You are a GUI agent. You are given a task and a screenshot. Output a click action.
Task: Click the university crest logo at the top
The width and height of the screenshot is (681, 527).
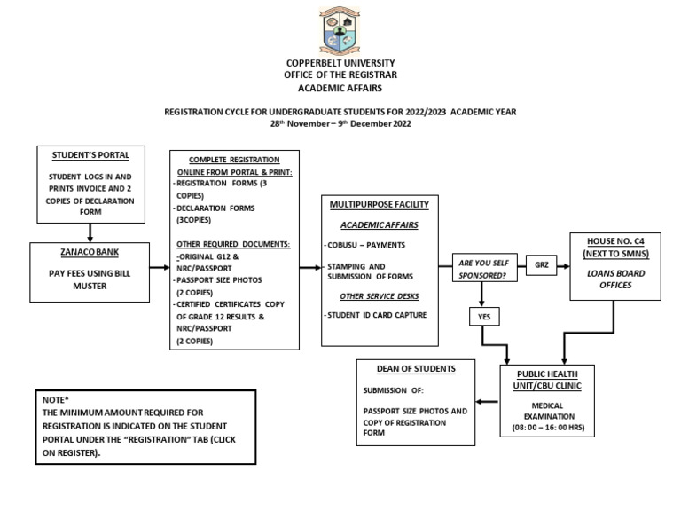point(340,31)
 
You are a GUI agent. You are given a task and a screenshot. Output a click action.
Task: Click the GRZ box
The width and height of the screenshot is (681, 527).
point(542,264)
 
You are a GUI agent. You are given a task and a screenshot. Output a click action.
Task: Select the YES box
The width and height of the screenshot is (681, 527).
point(483,315)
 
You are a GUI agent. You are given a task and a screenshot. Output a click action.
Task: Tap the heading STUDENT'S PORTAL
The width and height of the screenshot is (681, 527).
point(90,155)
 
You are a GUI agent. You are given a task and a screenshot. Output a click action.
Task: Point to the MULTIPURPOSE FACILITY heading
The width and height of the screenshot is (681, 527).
point(379,205)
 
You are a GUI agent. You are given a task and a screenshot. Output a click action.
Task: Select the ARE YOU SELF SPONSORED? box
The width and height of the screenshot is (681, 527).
point(485,269)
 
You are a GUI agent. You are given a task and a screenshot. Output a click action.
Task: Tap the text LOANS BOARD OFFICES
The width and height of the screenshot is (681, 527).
point(615,279)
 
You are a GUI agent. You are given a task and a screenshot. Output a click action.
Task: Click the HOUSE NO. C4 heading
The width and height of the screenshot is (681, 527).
point(615,248)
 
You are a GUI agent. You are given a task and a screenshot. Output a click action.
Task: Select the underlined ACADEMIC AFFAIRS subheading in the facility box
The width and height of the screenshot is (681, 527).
point(379,225)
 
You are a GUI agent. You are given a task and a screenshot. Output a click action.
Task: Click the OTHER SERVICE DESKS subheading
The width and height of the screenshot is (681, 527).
point(380,295)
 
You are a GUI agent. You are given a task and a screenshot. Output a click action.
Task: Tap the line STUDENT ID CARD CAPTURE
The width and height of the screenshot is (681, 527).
point(376,315)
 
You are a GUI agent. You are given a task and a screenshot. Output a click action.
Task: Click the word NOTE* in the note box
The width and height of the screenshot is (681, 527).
point(55,401)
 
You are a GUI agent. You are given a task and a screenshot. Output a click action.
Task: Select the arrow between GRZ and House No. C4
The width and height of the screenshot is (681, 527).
point(565,264)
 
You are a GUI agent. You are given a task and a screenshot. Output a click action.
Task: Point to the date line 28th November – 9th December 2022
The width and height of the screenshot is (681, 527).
point(340,124)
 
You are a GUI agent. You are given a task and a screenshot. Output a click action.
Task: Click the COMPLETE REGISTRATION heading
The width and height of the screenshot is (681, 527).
point(234,159)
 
